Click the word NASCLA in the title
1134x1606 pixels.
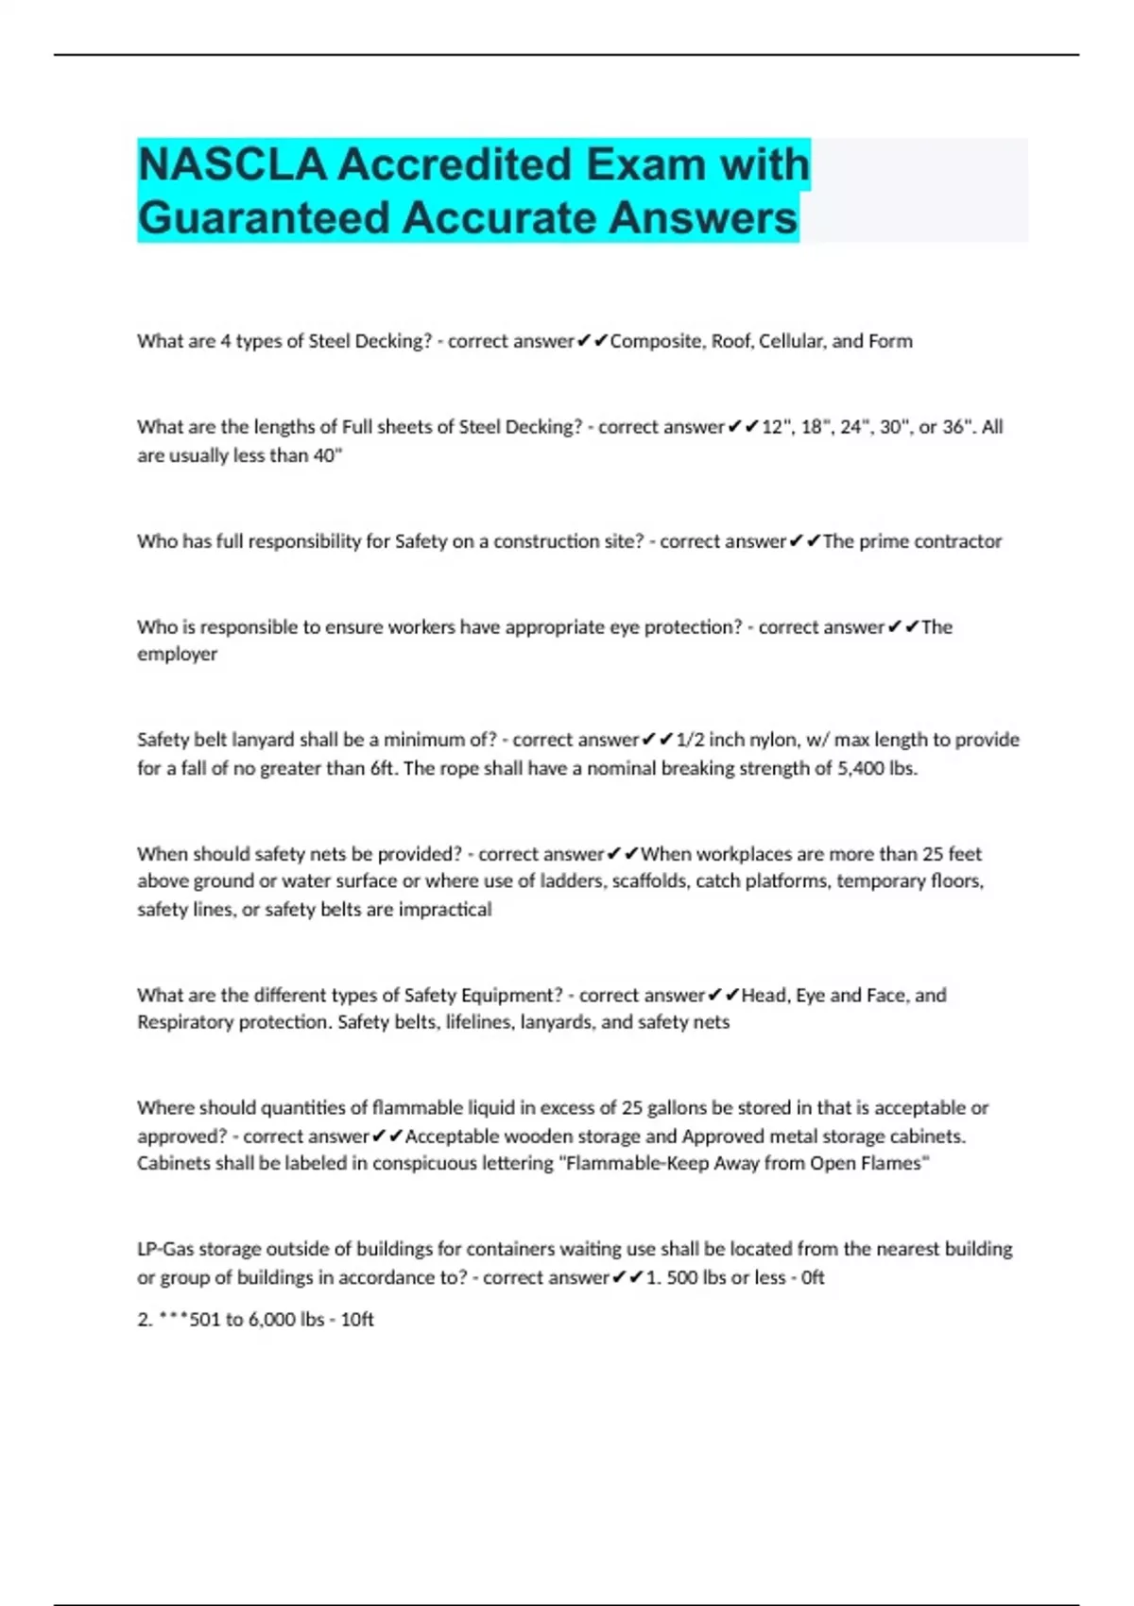coord(232,164)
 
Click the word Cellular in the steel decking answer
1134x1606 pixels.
coord(792,341)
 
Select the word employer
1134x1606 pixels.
coord(177,654)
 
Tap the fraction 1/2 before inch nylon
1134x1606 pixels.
coord(690,740)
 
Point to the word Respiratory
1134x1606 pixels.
coord(184,1022)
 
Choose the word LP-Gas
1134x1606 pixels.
coord(165,1249)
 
